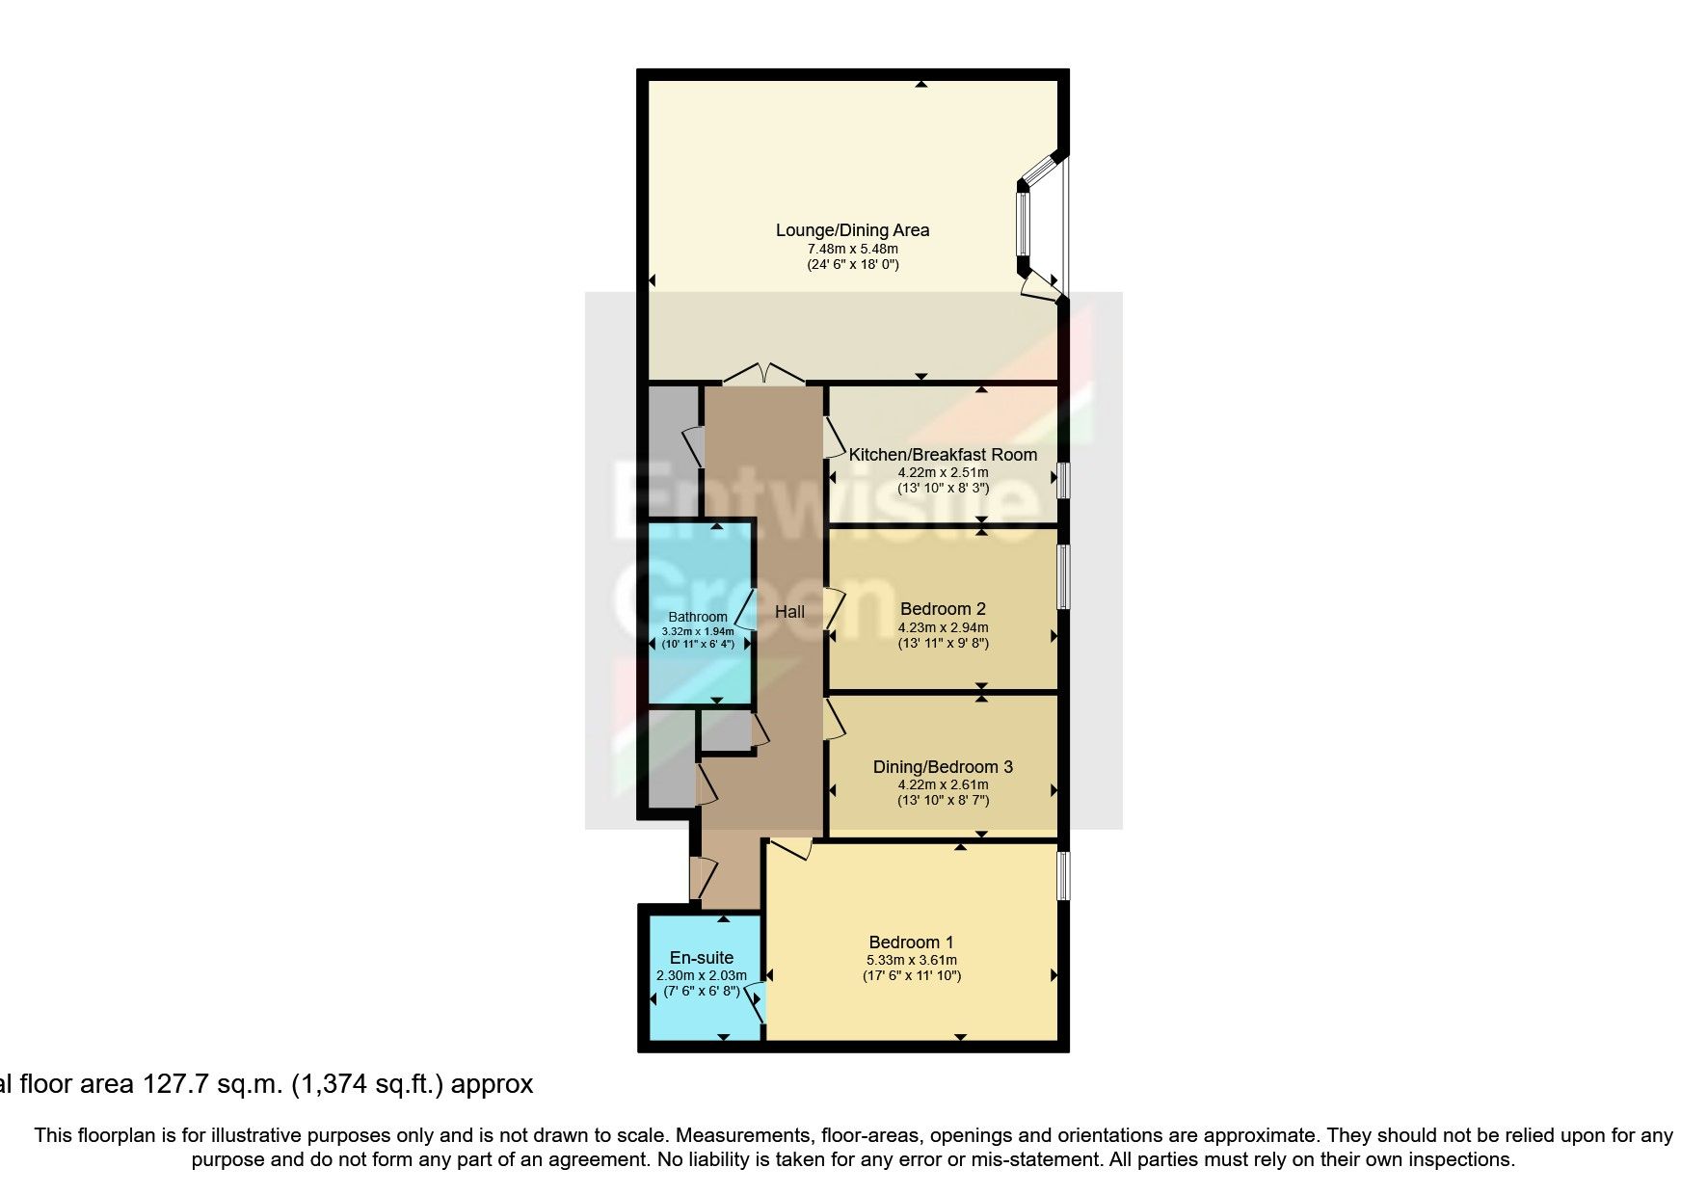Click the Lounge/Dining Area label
pyautogui.click(x=852, y=230)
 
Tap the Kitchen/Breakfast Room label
pyautogui.click(x=943, y=455)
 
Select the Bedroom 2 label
pyautogui.click(x=943, y=609)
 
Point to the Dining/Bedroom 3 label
pyautogui.click(x=943, y=767)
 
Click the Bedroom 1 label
pyautogui.click(x=911, y=943)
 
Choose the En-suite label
pyautogui.click(x=702, y=958)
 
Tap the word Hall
pyautogui.click(x=789, y=611)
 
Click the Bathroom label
pyautogui.click(x=698, y=617)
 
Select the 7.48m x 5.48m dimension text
pyautogui.click(x=852, y=249)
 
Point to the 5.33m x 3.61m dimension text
pyautogui.click(x=911, y=960)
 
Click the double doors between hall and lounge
pyautogui.click(x=763, y=375)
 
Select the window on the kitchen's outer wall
pyautogui.click(x=1061, y=480)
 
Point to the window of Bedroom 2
pyautogui.click(x=1062, y=576)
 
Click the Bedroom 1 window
pyautogui.click(x=1062, y=875)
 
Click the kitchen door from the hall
pyautogui.click(x=830, y=436)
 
